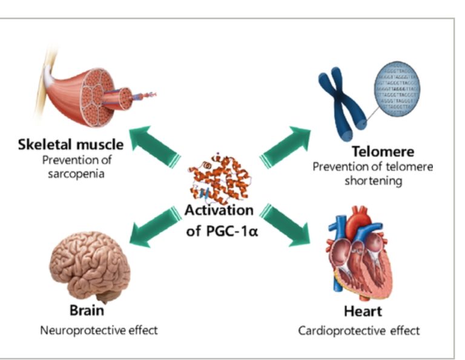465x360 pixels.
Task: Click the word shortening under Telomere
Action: click(x=372, y=181)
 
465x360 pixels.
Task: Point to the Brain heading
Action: click(x=86, y=311)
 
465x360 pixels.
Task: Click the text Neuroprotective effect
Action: click(x=99, y=330)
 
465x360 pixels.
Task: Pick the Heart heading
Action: click(x=363, y=312)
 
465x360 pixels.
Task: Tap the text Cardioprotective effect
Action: click(x=359, y=331)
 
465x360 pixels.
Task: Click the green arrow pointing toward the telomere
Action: click(x=285, y=146)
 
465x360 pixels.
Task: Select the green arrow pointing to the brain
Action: click(x=154, y=225)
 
